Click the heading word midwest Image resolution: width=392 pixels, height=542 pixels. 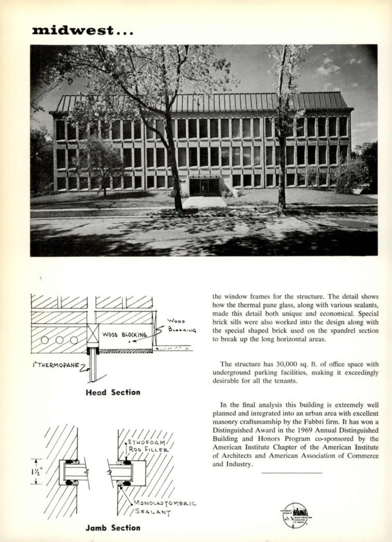click(x=73, y=30)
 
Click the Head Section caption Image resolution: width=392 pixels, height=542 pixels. click(x=113, y=392)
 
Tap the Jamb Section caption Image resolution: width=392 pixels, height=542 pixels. click(x=113, y=528)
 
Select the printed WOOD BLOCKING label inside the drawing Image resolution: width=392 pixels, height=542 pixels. click(x=125, y=334)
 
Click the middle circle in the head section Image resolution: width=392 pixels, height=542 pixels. click(x=59, y=340)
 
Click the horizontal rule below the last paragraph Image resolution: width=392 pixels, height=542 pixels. click(x=292, y=473)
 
